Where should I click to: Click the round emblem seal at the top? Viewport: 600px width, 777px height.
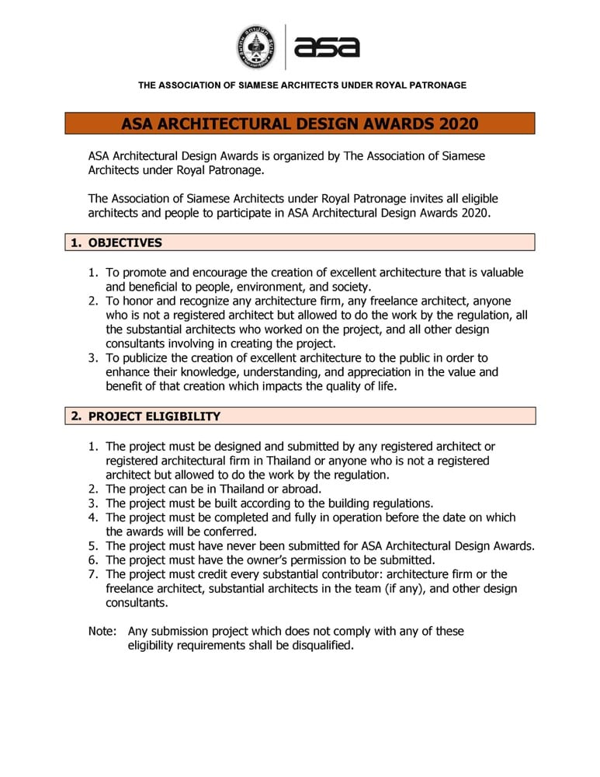255,47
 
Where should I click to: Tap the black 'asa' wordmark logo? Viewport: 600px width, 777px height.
327,47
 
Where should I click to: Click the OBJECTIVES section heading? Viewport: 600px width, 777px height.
125,242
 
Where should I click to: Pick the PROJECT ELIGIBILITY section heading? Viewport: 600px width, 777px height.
154,416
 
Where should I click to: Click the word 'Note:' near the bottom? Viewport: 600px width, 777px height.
102,631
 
